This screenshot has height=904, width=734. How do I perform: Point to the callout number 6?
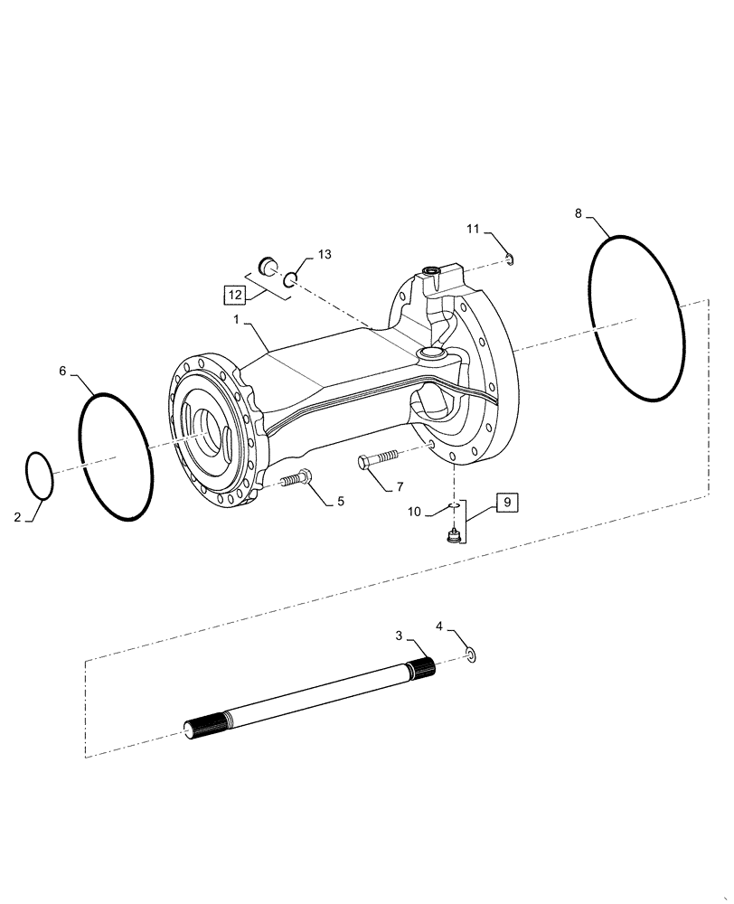point(62,371)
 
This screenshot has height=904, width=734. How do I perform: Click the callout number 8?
point(578,213)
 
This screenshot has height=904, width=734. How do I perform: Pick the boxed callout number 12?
point(235,295)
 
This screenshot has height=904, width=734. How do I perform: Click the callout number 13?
point(324,255)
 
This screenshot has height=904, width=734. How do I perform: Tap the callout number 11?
point(473,230)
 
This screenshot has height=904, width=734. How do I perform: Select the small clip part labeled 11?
point(511,261)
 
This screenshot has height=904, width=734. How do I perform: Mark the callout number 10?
point(413,512)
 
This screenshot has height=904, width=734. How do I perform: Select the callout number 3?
point(399,636)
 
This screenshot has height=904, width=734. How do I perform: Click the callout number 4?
point(440,626)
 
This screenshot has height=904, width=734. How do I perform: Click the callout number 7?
point(399,486)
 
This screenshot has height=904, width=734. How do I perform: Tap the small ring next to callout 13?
point(291,281)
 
